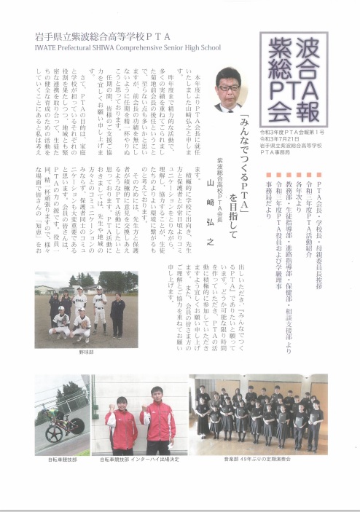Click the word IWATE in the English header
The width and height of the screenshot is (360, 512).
pyautogui.click(x=46, y=49)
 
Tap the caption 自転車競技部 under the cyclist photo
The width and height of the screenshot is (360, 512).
pyautogui.click(x=62, y=460)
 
